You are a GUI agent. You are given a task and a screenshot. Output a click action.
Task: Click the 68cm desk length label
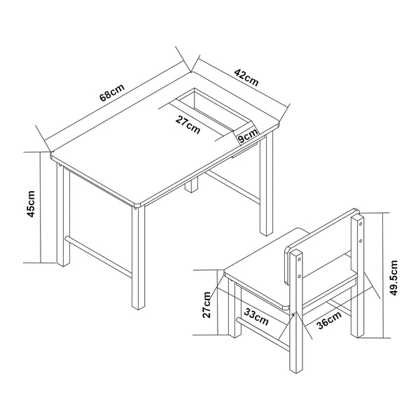point(111,92)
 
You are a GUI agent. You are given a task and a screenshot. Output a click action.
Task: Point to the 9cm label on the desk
point(246,138)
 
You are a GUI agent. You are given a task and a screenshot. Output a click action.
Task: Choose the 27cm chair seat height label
point(207,304)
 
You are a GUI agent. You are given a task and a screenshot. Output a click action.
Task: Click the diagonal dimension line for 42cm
point(241,85)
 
